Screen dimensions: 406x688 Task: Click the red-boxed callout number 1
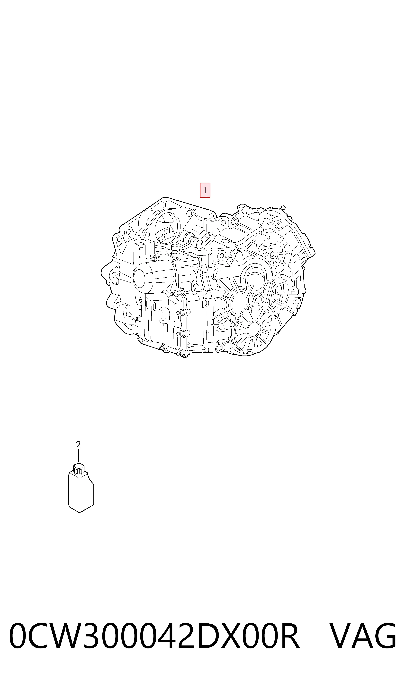[x=205, y=190]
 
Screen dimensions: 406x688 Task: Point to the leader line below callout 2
[x=79, y=456]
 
